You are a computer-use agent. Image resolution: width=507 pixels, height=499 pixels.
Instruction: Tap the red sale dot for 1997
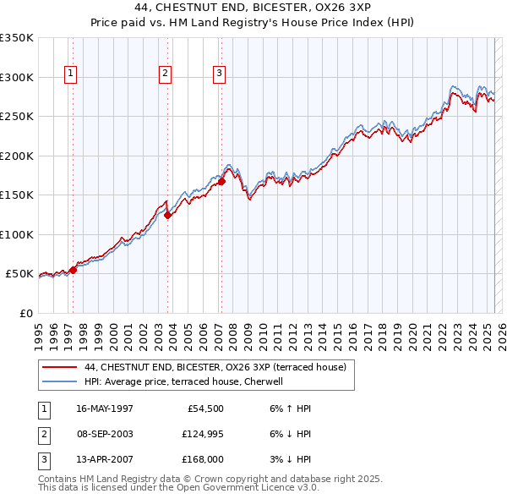[x=74, y=270]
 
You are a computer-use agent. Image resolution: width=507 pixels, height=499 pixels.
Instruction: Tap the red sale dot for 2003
[x=167, y=215]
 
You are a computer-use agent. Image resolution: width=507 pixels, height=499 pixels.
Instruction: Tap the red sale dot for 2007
[x=221, y=181]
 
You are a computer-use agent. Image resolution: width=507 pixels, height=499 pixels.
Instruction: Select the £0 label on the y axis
[x=25, y=313]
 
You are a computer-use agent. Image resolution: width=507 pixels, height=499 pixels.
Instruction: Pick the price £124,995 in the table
[x=200, y=434]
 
